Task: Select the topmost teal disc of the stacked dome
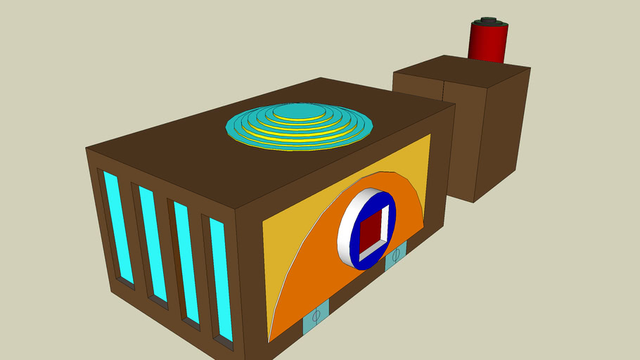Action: point(300,111)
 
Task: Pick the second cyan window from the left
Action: point(153,243)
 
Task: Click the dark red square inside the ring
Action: point(371,228)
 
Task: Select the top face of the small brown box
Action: point(461,69)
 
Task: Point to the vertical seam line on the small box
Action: point(443,91)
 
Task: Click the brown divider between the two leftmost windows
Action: point(136,236)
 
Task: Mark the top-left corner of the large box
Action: point(87,148)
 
